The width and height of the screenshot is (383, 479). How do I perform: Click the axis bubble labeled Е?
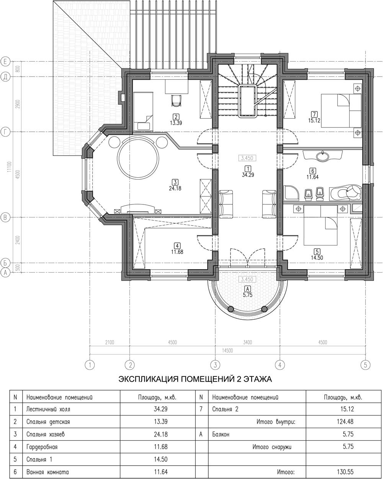5,61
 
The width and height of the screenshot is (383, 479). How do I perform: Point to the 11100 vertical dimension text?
9,167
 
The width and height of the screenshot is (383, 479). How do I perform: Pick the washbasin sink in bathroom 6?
322,156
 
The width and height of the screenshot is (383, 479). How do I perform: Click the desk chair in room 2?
176,100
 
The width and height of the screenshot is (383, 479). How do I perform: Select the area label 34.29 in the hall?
248,175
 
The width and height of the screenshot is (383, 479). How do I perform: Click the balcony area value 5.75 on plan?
248,295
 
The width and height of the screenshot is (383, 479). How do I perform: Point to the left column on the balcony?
231,309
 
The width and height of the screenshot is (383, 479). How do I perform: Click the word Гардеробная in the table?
42,447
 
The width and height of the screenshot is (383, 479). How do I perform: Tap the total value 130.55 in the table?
345,472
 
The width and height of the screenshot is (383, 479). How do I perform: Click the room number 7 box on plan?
314,114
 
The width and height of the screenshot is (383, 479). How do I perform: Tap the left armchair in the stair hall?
226,204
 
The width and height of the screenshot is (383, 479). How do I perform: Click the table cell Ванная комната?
47,472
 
